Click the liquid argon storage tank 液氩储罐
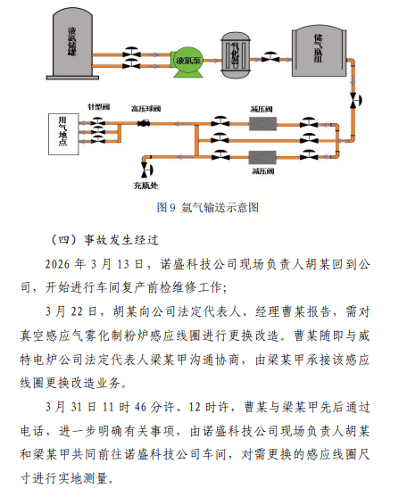73,44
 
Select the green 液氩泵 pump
188,62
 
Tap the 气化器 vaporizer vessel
236,54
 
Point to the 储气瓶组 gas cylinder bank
320,52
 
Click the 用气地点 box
63,135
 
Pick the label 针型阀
98,107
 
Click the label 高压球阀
145,109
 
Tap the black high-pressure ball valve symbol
144,123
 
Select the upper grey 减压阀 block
262,124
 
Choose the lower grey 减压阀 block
262,158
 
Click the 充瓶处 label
145,186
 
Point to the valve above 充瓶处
147,170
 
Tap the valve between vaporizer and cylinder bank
270,57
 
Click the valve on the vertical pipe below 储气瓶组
355,101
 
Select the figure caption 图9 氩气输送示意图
208,208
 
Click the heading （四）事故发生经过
104,240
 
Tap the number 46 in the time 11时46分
141,407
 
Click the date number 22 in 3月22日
77,311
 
